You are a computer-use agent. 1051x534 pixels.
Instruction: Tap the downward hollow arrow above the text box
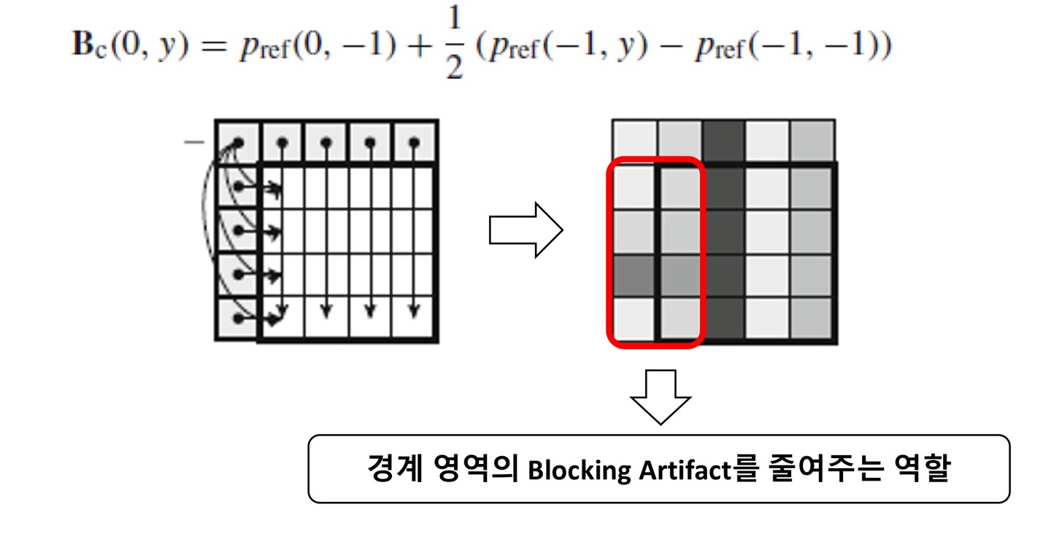[x=660, y=396]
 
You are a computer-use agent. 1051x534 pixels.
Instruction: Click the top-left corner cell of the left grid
[x=236, y=142]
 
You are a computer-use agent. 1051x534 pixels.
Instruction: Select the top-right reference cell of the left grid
[x=415, y=142]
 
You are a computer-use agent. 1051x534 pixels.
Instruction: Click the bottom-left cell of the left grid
[x=236, y=319]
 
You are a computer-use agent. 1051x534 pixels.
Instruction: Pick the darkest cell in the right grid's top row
[x=723, y=141]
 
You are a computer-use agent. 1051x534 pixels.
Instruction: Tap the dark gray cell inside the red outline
[x=634, y=275]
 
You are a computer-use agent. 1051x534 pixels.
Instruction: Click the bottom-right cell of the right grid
[x=813, y=319]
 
